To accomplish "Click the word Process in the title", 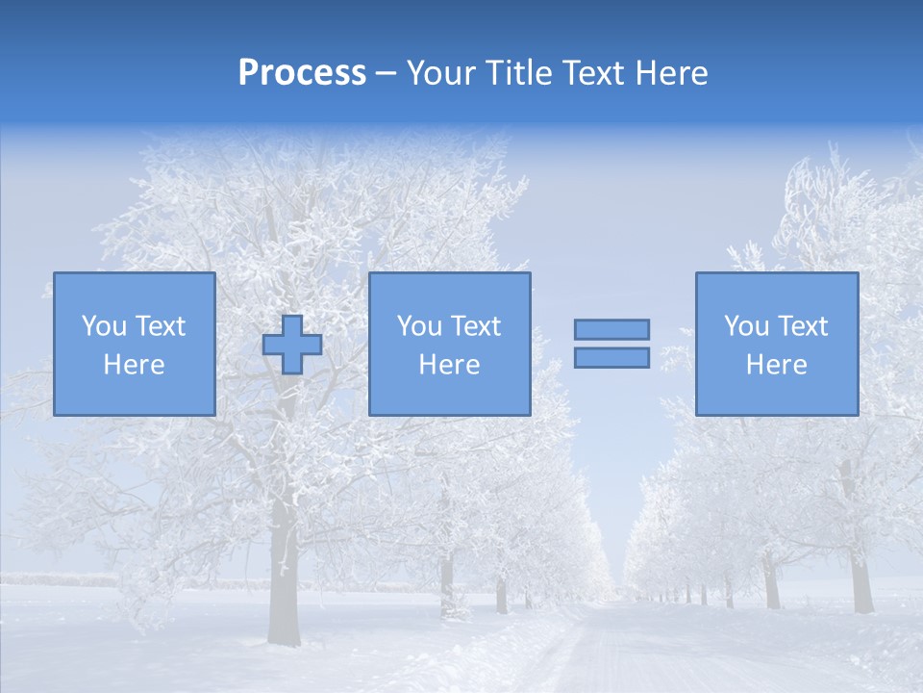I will pos(302,73).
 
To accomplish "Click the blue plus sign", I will pos(292,345).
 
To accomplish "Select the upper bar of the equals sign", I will pos(611,329).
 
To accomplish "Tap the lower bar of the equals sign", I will pos(611,357).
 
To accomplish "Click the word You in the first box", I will pos(105,326).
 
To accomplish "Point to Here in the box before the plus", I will pos(134,365).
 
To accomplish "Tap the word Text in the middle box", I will pos(474,326).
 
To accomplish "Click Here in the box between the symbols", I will pos(449,365).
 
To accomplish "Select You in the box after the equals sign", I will pos(747,326).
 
